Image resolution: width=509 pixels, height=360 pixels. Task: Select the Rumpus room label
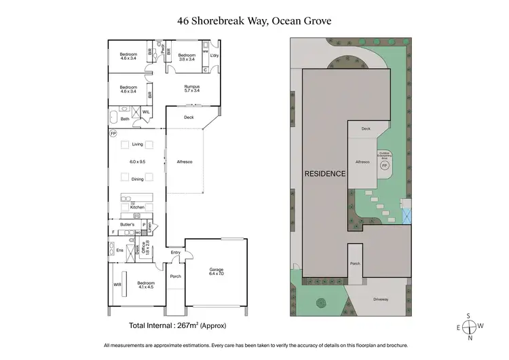click(192, 87)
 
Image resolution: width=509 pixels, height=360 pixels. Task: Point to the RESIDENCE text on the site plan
click(324, 173)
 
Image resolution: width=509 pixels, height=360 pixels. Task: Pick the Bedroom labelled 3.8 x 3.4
click(187, 55)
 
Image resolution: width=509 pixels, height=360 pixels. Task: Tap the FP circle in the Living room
click(113, 134)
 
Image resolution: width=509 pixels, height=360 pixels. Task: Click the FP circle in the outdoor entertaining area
click(384, 165)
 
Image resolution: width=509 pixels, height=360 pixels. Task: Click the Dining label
click(138, 179)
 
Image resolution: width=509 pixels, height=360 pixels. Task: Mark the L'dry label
click(214, 55)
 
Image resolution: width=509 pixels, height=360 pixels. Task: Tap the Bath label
click(125, 119)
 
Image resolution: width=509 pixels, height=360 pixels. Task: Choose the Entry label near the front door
click(176, 253)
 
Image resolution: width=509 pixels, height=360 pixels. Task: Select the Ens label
click(121, 250)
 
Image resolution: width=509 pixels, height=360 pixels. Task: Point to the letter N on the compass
click(470, 338)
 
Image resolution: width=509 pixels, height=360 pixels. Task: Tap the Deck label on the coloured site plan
click(366, 128)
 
